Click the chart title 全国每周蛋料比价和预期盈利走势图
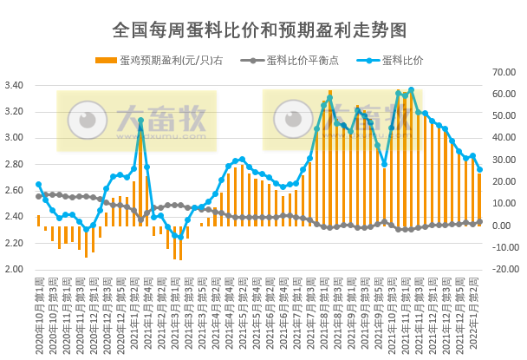259,29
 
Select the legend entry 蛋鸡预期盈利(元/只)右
166,61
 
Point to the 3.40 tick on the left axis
15,86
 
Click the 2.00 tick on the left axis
15,269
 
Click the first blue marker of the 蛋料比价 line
38,185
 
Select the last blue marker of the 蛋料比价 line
479,170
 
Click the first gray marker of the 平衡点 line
38,196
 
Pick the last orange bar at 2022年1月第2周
479,200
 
